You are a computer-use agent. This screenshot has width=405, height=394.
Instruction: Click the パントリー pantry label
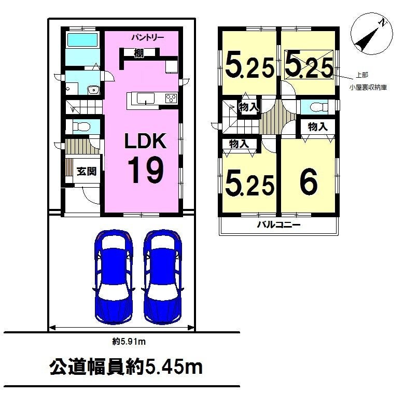click(x=147, y=38)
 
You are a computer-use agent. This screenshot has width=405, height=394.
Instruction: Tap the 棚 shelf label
click(x=139, y=53)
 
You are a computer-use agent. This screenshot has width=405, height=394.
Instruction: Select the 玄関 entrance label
click(x=87, y=171)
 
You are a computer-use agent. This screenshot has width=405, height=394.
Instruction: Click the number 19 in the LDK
click(x=145, y=170)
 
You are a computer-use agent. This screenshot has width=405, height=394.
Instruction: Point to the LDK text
click(x=145, y=141)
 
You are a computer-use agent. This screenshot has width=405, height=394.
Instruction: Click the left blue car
click(x=114, y=276)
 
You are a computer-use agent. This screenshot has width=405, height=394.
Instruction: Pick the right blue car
click(x=162, y=276)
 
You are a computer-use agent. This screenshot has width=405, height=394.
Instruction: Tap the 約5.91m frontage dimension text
click(x=129, y=342)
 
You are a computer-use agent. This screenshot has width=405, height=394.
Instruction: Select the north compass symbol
click(x=371, y=33)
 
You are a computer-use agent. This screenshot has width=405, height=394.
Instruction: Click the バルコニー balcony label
click(x=278, y=224)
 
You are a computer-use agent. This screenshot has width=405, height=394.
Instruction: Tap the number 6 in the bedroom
click(x=309, y=181)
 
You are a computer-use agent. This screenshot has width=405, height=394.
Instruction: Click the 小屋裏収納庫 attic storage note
click(x=368, y=88)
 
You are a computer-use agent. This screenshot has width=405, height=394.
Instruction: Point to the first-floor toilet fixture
click(x=81, y=126)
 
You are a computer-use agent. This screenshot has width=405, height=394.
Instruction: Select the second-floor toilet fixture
click(x=318, y=107)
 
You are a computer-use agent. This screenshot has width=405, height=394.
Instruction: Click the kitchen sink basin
click(x=146, y=98)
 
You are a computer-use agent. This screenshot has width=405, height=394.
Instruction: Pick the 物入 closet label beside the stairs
click(x=249, y=107)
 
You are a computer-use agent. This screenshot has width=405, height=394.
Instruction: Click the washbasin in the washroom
click(x=93, y=90)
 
